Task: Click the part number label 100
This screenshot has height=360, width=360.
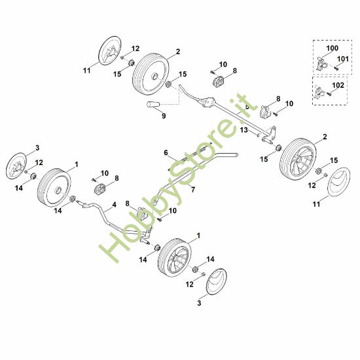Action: coord(332,48)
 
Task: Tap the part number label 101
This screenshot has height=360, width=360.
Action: coord(342,59)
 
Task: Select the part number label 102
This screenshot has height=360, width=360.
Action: coord(338,85)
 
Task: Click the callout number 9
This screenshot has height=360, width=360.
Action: coord(164,116)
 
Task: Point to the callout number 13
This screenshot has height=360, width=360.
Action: coord(244,130)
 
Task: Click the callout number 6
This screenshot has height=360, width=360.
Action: coord(166,153)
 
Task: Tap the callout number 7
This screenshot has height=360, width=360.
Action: coord(193,190)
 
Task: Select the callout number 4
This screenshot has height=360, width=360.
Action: coord(114,204)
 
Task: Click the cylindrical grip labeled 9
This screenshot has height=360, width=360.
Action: coord(153,105)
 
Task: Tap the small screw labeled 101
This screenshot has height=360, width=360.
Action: coord(336,68)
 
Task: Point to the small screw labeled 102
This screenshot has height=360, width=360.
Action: coord(329,94)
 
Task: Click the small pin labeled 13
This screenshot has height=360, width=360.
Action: coord(259,135)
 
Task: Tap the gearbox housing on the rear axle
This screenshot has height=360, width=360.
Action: coord(207,102)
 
